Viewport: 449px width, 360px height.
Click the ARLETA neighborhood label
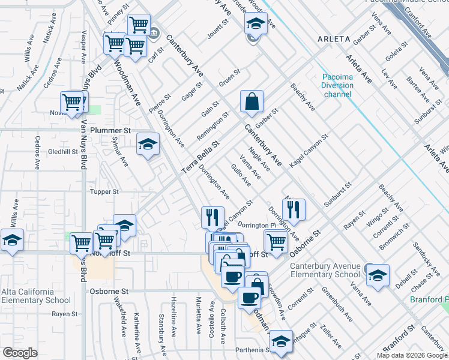(x=330, y=39)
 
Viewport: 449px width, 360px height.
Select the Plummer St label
(x=110, y=130)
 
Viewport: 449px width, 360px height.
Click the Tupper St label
(x=105, y=192)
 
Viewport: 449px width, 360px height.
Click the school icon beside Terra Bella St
(x=148, y=143)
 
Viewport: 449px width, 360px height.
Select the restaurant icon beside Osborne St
(x=294, y=209)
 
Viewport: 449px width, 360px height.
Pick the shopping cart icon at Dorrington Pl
(x=276, y=241)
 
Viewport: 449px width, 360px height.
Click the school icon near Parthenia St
(x=280, y=341)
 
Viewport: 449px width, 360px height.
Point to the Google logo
(x=20, y=353)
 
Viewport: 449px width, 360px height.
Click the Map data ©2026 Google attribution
(x=411, y=355)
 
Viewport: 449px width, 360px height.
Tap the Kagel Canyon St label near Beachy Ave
(x=309, y=149)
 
